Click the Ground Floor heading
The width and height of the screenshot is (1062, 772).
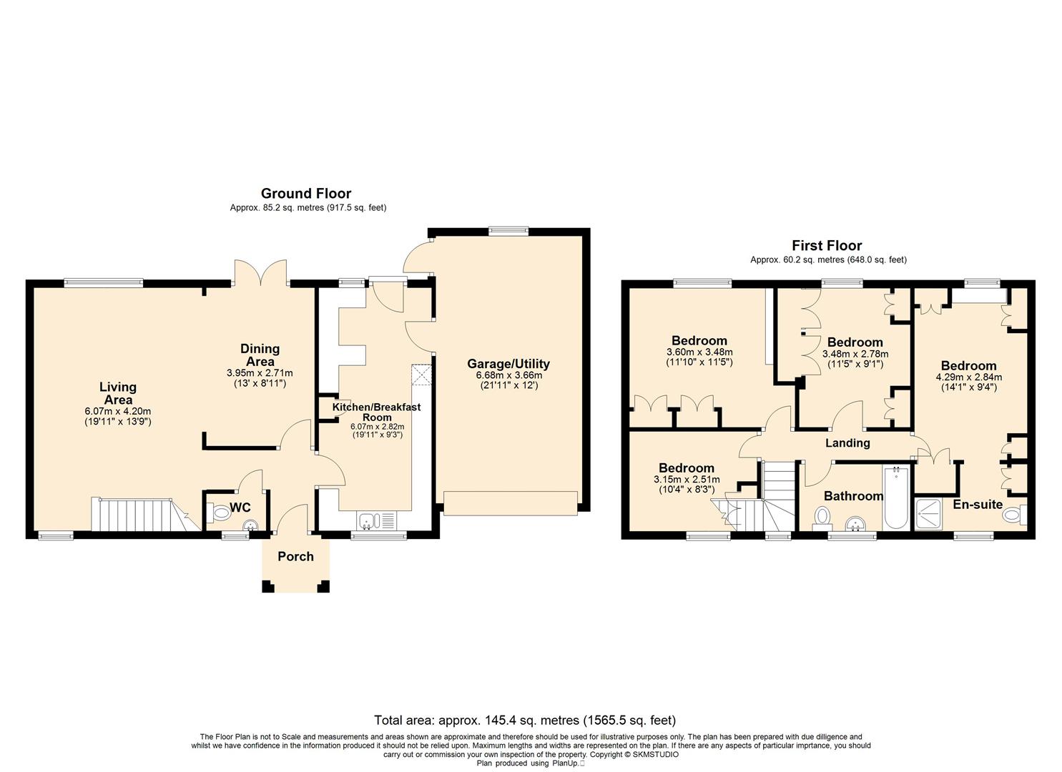pyautogui.click(x=306, y=193)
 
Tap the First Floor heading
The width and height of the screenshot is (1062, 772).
pyautogui.click(x=827, y=245)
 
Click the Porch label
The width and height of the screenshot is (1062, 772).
pyautogui.click(x=295, y=556)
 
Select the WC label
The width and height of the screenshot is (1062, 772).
pyautogui.click(x=240, y=508)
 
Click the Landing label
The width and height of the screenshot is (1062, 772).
pyautogui.click(x=847, y=443)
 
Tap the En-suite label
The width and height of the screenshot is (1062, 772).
pyautogui.click(x=978, y=504)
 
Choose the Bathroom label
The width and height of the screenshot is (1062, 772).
pyautogui.click(x=853, y=496)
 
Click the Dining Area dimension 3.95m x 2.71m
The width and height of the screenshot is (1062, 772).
pyautogui.click(x=260, y=373)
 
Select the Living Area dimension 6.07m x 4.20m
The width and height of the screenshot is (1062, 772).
pyautogui.click(x=117, y=411)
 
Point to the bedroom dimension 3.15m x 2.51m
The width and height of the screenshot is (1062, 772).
pyautogui.click(x=687, y=480)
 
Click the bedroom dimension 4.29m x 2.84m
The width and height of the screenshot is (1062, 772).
pyautogui.click(x=968, y=377)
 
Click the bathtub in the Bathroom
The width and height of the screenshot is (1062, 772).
pyautogui.click(x=896, y=498)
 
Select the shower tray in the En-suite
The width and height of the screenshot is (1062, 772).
pyautogui.click(x=928, y=513)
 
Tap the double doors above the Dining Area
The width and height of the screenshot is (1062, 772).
pyautogui.click(x=260, y=272)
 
